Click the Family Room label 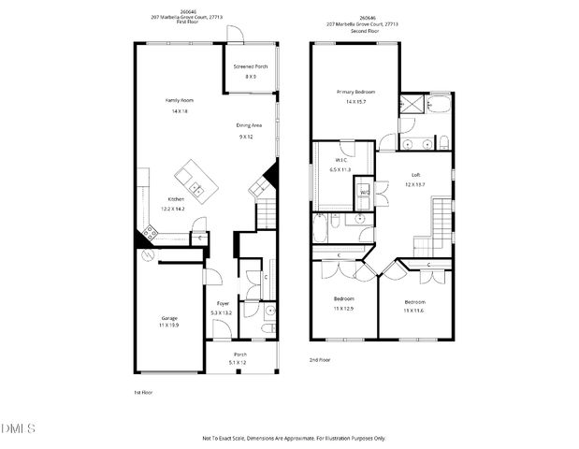[180, 99]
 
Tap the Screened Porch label [251, 67]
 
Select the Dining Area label [247, 125]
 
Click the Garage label [168, 318]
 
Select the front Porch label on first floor [240, 354]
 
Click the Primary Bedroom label [355, 92]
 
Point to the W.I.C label [340, 159]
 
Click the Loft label [415, 174]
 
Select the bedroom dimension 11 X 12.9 [344, 308]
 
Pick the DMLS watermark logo [18, 427]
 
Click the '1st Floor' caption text [143, 392]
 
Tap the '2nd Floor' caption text [320, 359]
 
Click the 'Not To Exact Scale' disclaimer [294, 438]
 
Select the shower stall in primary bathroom [411, 105]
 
